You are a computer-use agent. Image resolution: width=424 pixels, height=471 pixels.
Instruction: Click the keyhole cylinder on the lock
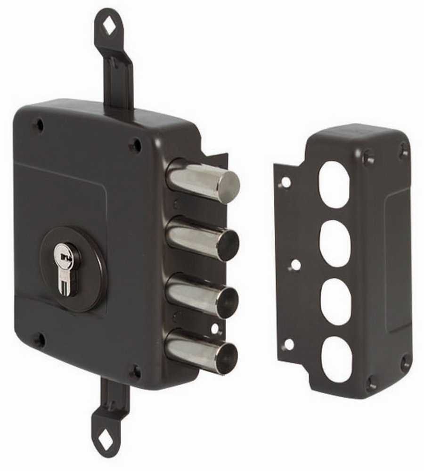[68, 269]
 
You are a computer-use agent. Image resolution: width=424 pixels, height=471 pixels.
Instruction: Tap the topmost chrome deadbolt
[203, 181]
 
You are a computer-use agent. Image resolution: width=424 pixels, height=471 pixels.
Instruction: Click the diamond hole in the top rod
[108, 28]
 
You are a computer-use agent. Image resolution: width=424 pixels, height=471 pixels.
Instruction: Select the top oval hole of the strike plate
[334, 184]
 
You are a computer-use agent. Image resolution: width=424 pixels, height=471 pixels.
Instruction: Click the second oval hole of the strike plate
[334, 243]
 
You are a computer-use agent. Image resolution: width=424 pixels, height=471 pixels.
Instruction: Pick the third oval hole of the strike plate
[335, 301]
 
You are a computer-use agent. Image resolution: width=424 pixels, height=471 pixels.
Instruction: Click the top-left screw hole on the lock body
[40, 125]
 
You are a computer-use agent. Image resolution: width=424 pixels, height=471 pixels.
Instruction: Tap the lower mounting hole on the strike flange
[288, 344]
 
